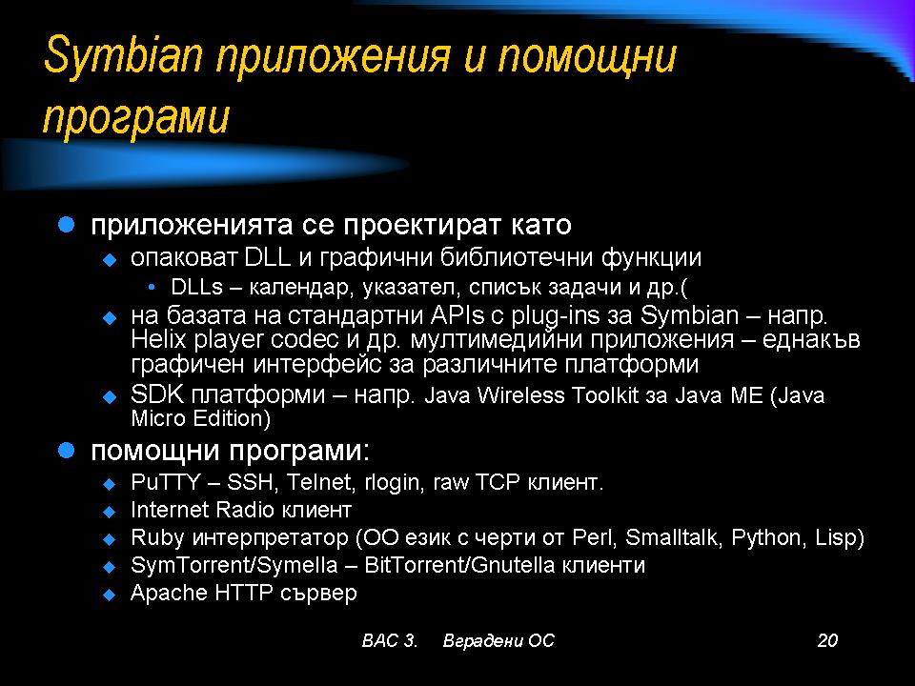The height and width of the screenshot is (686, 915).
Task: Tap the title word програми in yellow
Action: [136, 118]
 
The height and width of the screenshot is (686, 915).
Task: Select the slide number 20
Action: [827, 640]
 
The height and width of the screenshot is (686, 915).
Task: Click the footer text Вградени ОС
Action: [498, 640]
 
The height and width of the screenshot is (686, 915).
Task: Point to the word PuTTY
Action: [166, 482]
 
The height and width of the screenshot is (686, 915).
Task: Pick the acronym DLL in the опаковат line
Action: [267, 257]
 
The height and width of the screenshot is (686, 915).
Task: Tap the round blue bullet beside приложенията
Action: [67, 225]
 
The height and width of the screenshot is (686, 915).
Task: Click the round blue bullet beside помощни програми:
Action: [67, 451]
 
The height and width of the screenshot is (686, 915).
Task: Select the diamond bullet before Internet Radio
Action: [109, 512]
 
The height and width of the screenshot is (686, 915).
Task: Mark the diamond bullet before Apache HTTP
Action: [109, 595]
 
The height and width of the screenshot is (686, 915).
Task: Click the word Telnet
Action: [320, 482]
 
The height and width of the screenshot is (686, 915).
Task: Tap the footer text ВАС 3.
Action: [390, 640]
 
